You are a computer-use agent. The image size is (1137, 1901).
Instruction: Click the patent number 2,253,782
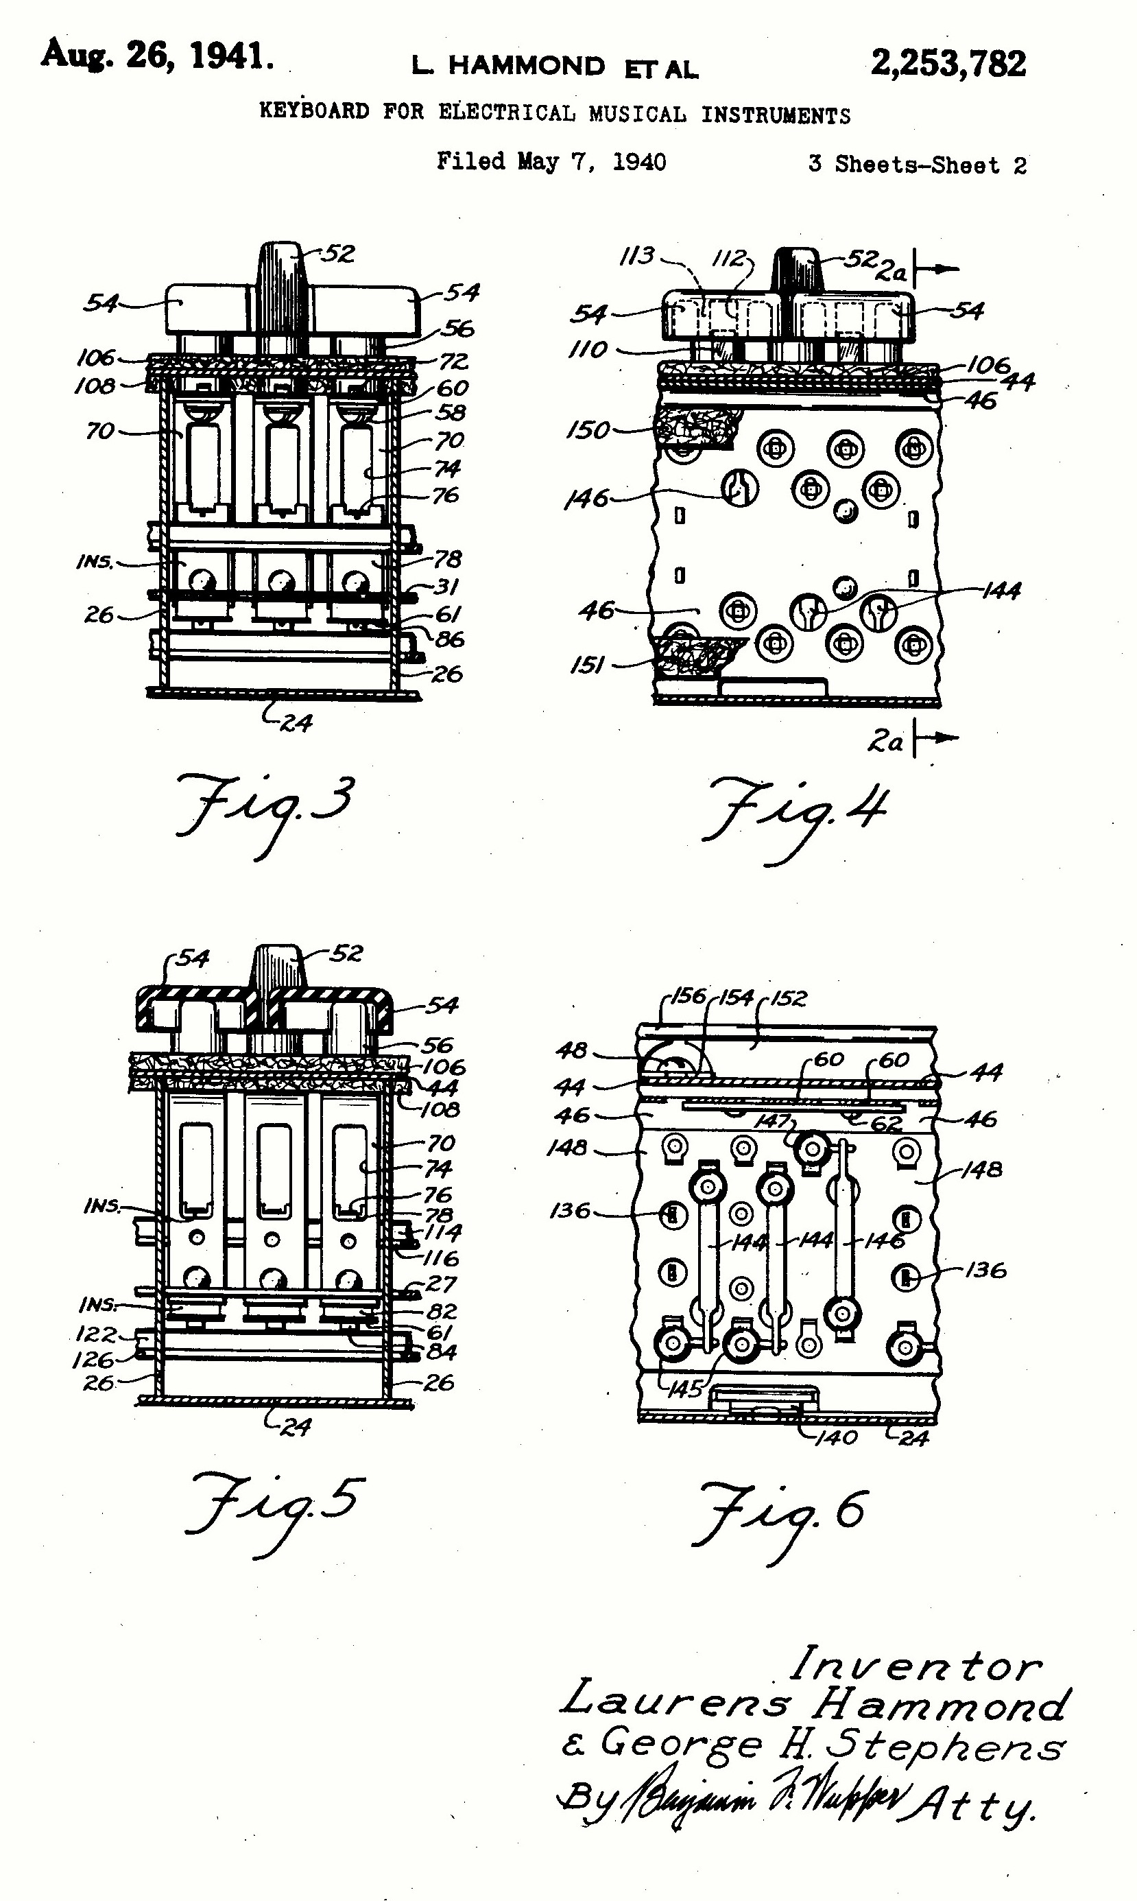pos(948,64)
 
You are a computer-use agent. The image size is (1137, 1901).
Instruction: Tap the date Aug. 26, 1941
pos(157,55)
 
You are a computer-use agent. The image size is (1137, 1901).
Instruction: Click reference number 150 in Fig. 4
pos(588,430)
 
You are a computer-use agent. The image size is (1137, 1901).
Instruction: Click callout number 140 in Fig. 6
pos(836,1437)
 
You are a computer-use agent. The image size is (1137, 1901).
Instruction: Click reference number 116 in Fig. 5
pos(440,1258)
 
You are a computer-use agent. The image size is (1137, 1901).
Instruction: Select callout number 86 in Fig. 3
pos(450,639)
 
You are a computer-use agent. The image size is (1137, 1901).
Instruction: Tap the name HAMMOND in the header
pos(527,66)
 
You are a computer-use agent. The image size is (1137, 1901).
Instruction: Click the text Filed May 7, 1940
pos(551,162)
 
